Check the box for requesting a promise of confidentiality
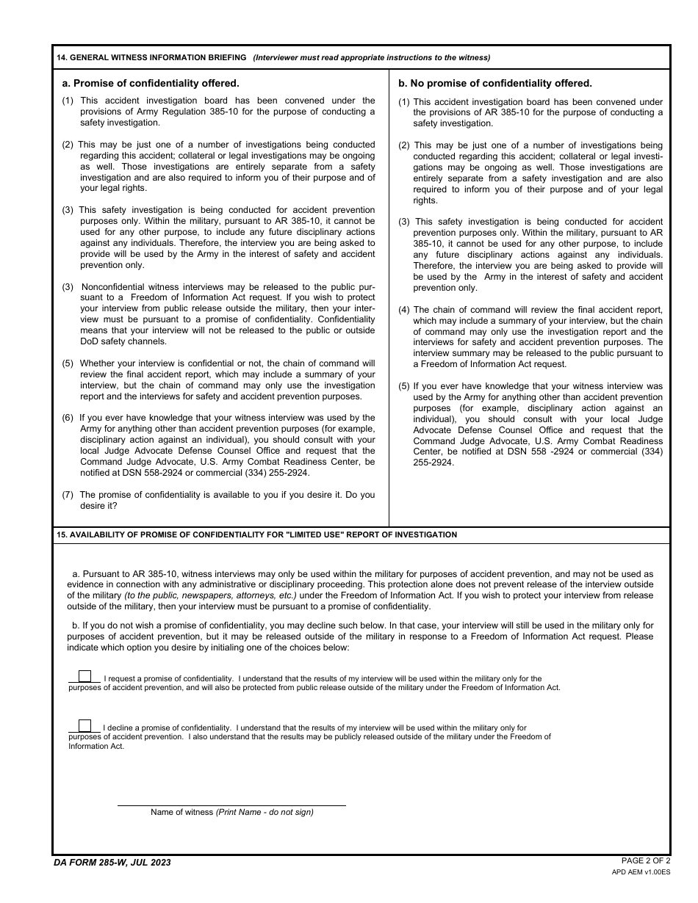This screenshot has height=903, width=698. coord(85,677)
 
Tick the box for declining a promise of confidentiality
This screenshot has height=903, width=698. coord(85,726)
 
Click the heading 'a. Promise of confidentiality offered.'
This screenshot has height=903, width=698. coord(151,84)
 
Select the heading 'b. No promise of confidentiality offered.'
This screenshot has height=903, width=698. coord(495,84)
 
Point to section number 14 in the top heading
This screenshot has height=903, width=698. coord(61,58)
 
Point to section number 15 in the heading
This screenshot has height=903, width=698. coord(61,535)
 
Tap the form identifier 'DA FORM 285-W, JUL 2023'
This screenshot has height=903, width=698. coord(112,863)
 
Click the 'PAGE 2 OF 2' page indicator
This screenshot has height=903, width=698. coord(646,860)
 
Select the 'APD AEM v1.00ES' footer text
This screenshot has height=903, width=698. coord(641,872)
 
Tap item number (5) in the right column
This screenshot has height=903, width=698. coord(404,386)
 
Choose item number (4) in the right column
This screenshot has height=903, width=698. coord(404,310)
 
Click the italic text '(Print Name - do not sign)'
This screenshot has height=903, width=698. coord(265,812)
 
